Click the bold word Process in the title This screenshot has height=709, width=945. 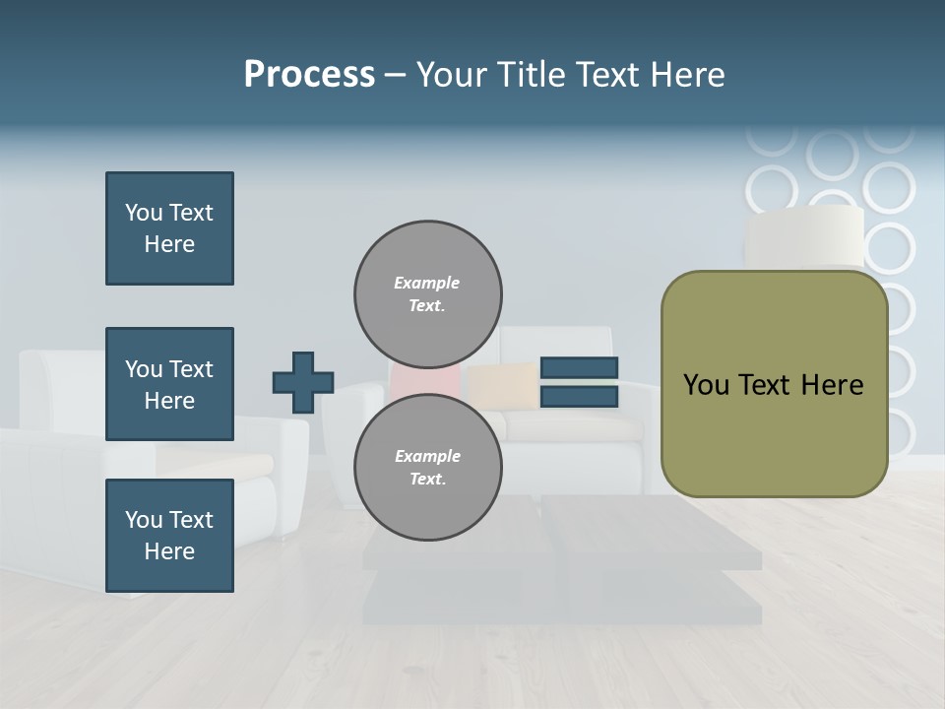coord(309,75)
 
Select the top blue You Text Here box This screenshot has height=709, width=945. coord(169,228)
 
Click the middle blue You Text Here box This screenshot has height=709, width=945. coord(169,384)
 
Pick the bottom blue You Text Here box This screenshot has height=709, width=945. coord(169,536)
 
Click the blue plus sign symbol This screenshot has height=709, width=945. coord(303,382)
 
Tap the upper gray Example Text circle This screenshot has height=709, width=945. coord(428,293)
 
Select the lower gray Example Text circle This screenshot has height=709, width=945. coord(428,468)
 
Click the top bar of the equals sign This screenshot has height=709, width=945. coord(580,367)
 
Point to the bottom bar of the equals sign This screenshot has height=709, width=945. coord(580,396)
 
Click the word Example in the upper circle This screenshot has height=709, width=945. coord(426,283)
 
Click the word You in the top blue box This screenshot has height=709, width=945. coord(143,213)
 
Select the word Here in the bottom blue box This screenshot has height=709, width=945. coord(169,551)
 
